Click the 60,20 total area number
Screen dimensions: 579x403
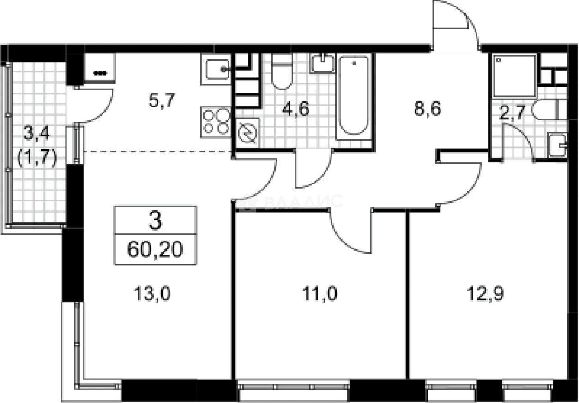155,249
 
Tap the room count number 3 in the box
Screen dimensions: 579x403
155,220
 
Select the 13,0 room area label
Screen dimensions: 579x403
152,294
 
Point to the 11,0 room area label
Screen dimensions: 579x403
320,294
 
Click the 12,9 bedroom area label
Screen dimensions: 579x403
485,294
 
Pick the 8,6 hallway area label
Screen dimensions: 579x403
428,109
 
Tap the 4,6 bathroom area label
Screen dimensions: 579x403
296,109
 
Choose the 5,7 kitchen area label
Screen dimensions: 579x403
162,100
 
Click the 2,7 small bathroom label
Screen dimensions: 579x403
513,113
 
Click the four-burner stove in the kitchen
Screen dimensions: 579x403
216,122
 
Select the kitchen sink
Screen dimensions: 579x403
216,69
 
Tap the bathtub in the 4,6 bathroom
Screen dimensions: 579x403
354,97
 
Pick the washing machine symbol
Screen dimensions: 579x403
247,133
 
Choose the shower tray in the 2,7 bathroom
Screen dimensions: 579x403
514,76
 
